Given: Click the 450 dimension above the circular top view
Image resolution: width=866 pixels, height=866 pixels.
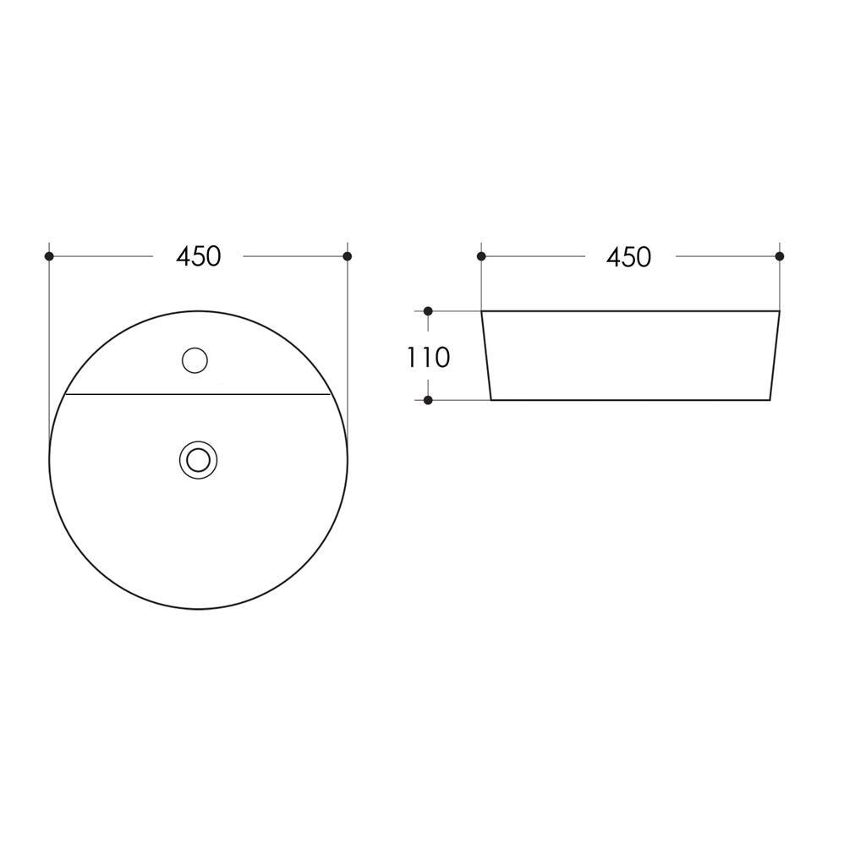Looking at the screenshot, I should pyautogui.click(x=198, y=256).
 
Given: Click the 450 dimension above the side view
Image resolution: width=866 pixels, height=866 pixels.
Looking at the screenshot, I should pyautogui.click(x=628, y=256).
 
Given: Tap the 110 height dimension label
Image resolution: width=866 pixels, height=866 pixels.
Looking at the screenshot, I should pyautogui.click(x=428, y=358).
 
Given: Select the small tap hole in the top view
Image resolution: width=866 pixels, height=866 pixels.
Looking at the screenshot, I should pyautogui.click(x=195, y=360).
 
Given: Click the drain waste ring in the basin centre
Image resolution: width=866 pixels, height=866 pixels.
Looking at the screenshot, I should pyautogui.click(x=198, y=459).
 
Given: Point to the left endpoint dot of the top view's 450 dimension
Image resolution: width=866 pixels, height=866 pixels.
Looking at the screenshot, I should pyautogui.click(x=49, y=256).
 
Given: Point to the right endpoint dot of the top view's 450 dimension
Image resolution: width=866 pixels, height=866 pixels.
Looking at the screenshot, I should pyautogui.click(x=347, y=256).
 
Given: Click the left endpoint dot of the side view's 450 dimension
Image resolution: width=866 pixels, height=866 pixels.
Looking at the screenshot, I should pyautogui.click(x=481, y=256).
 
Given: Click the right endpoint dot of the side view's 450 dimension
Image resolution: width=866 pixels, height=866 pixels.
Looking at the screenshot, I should pyautogui.click(x=779, y=256).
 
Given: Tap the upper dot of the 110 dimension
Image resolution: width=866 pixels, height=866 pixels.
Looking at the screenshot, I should pyautogui.click(x=428, y=311).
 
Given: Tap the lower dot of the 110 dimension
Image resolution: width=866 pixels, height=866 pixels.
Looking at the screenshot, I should pyautogui.click(x=428, y=400).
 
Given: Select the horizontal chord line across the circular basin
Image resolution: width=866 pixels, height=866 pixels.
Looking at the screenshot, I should pyautogui.click(x=198, y=394).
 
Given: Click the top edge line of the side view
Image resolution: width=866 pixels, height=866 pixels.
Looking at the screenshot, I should pyautogui.click(x=630, y=311).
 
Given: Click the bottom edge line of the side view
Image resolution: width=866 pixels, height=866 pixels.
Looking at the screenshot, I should pyautogui.click(x=630, y=399).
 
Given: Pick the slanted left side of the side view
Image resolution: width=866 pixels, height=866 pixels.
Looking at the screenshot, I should pyautogui.click(x=486, y=355).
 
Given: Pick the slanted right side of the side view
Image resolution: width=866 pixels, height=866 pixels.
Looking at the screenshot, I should pyautogui.click(x=774, y=355).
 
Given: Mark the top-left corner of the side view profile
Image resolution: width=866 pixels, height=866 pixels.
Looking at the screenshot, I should pyautogui.click(x=482, y=311).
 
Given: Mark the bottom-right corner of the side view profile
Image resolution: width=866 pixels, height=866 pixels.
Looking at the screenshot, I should pyautogui.click(x=770, y=399).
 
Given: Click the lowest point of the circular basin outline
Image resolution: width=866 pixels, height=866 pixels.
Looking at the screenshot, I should pyautogui.click(x=198, y=608).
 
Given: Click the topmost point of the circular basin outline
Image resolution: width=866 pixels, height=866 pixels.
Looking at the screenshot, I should pyautogui.click(x=198, y=311).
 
